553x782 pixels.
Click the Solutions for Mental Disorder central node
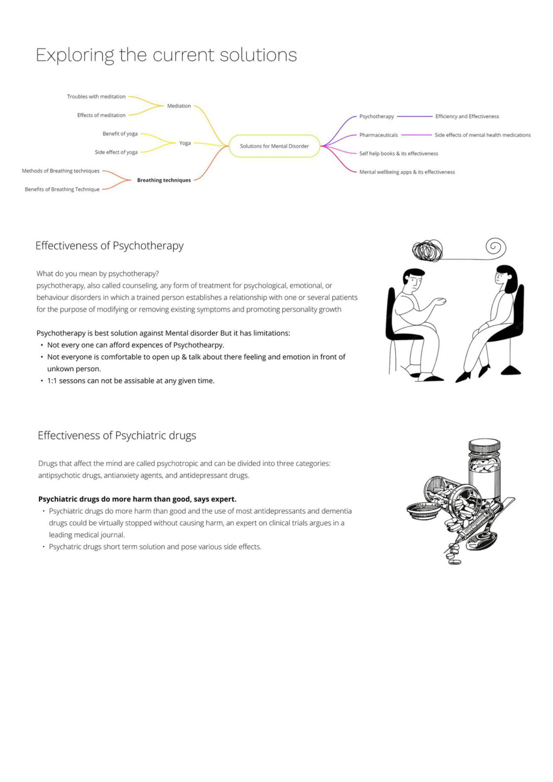(274, 146)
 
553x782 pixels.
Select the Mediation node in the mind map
(179, 106)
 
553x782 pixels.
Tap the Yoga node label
(185, 143)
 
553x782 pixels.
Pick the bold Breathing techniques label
(164, 180)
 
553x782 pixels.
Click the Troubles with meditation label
(96, 97)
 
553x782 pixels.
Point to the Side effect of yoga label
(116, 152)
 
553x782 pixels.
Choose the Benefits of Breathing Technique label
(62, 189)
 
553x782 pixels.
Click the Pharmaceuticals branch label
(378, 135)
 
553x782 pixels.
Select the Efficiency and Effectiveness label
(467, 117)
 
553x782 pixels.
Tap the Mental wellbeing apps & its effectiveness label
(407, 172)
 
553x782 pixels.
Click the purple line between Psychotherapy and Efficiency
(415, 117)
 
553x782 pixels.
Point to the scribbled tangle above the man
(427, 251)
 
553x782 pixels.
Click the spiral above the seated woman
(496, 247)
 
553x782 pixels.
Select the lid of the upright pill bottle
(484, 445)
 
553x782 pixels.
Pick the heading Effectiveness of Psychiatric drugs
(117, 436)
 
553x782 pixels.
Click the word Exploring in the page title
(75, 55)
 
